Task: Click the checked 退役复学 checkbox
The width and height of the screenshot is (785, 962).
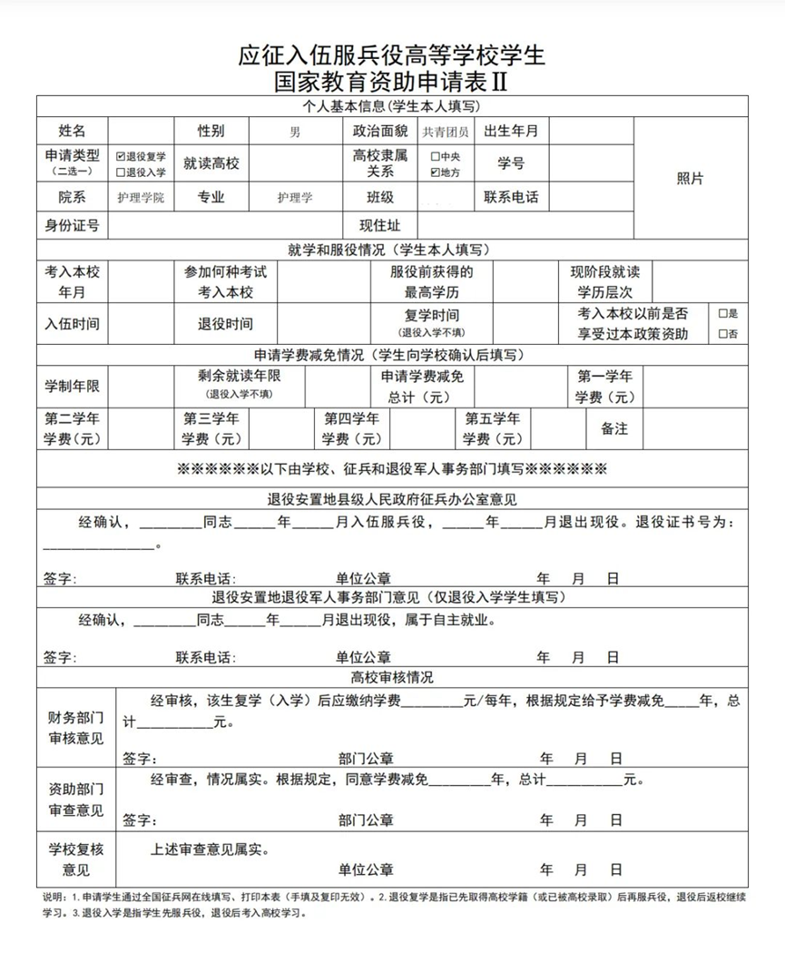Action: (121, 156)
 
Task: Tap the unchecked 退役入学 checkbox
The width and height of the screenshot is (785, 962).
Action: (121, 172)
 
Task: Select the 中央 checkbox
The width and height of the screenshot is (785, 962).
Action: (436, 156)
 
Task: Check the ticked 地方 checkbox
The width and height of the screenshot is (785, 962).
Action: (436, 172)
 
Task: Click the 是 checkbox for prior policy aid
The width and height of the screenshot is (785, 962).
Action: (722, 313)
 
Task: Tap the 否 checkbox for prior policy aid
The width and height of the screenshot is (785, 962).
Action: (722, 334)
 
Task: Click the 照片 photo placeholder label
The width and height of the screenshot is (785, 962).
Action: (690, 179)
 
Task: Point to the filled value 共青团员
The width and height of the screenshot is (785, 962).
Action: (445, 132)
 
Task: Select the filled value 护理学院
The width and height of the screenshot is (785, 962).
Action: (141, 197)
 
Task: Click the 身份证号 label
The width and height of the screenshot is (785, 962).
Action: (72, 225)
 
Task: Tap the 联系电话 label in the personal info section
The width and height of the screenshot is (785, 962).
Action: (511, 197)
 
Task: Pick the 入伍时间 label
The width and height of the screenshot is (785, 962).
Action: (72, 323)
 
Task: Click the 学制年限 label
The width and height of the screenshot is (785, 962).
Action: (72, 387)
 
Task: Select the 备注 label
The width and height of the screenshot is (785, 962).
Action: (614, 428)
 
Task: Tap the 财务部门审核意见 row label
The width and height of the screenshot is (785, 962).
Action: (76, 728)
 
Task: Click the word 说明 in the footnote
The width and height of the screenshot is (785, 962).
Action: (53, 898)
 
